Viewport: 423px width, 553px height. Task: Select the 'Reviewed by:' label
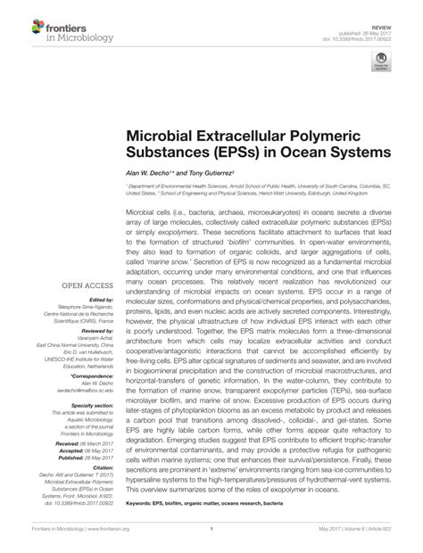click(x=87, y=329)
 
